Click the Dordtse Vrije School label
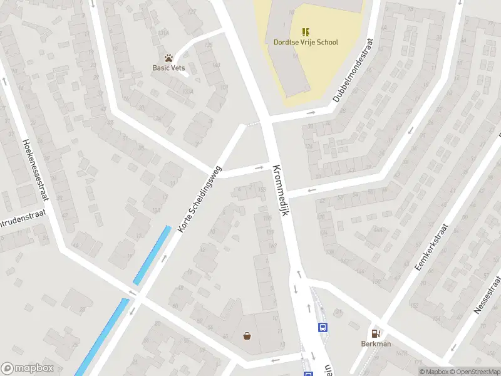306,43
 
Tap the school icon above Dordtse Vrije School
306,32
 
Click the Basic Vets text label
169,68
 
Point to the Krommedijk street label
280,190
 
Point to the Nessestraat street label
489,294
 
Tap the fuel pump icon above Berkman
375,333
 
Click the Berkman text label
375,344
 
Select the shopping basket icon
247,336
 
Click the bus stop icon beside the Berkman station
323,327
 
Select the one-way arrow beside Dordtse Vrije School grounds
311,113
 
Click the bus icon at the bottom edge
308,373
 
